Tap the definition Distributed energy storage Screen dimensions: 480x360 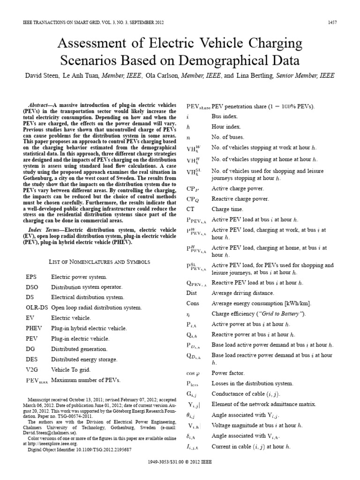pyautogui.click(x=85, y=359)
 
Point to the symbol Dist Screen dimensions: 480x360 pyautogui.click(x=192, y=293)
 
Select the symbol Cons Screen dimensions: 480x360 pyautogui.click(x=193, y=303)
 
